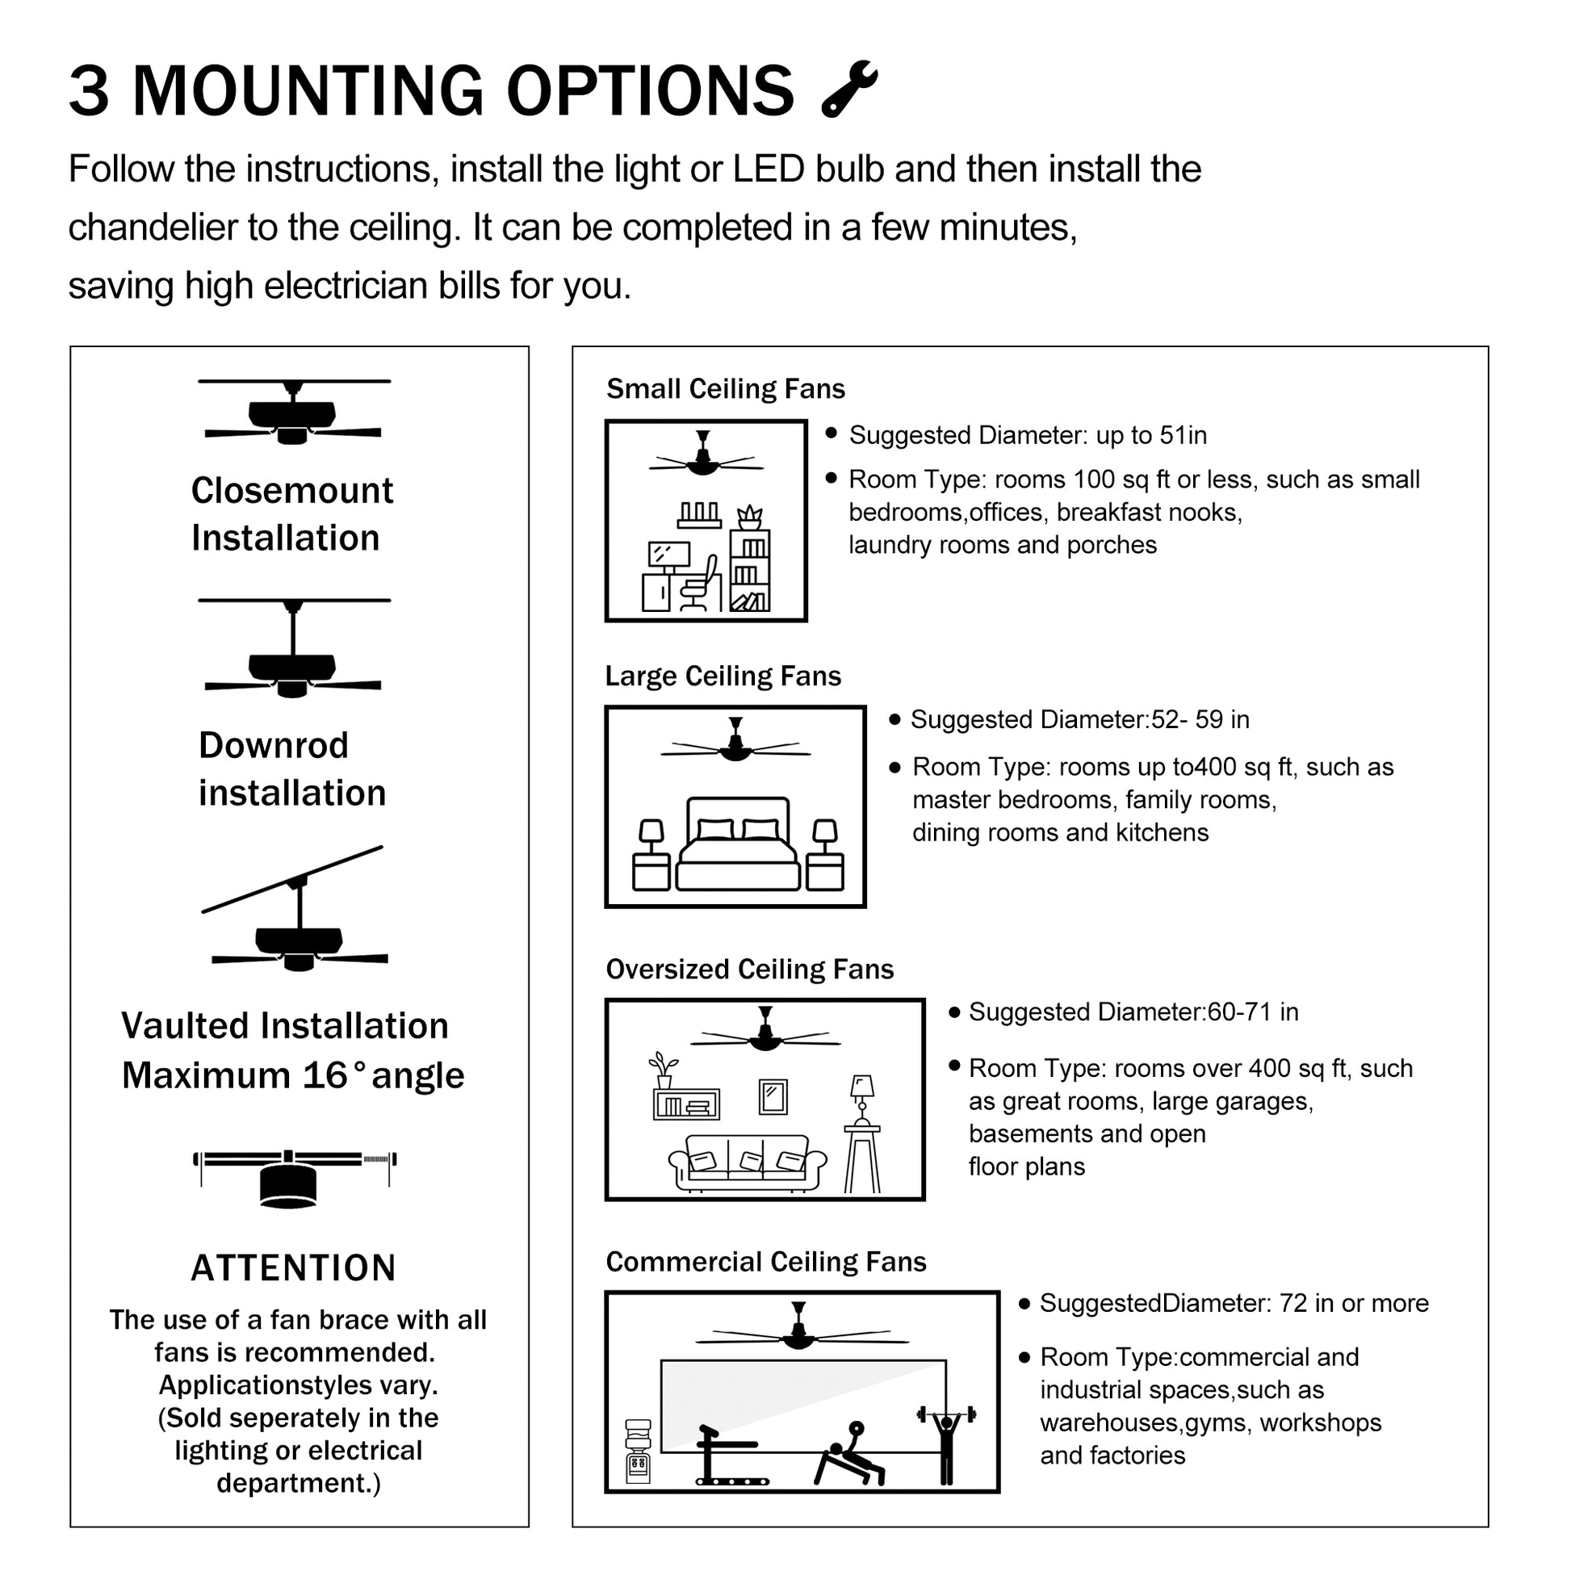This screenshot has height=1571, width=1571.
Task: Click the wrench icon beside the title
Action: tap(849, 89)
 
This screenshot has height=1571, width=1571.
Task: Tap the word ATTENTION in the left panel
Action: tap(294, 1267)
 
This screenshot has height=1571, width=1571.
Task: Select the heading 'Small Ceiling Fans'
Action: tap(725, 388)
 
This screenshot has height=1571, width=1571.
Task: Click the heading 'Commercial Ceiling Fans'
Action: tap(766, 1261)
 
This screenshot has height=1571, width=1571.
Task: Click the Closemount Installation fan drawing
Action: tap(293, 413)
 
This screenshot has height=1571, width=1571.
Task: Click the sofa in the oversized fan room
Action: tap(747, 1163)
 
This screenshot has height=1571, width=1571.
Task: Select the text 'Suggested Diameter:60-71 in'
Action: tap(1133, 1012)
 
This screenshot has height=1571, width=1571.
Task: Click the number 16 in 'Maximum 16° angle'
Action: tap(325, 1076)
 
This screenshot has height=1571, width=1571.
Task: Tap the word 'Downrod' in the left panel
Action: tap(273, 745)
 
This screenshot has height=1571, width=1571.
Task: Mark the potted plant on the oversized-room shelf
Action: tap(663, 1069)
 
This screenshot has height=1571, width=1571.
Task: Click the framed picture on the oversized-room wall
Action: tap(773, 1097)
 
